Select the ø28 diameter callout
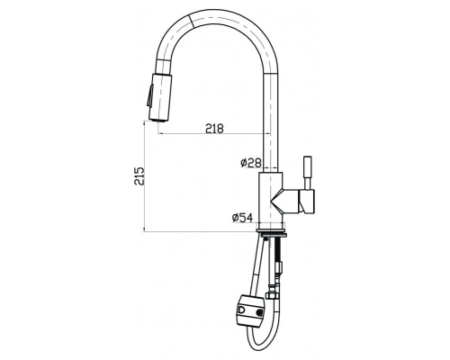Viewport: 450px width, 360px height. point(250,162)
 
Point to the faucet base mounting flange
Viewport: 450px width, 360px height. point(271,232)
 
